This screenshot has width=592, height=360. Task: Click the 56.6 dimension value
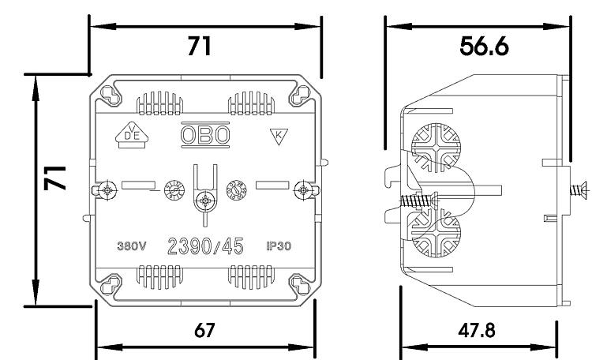point(484,47)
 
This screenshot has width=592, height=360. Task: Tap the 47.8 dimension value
point(477,331)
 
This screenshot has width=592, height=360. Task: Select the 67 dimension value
point(204,331)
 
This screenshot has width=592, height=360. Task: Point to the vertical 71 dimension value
point(55,178)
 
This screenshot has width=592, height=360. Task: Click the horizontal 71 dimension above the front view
point(200,47)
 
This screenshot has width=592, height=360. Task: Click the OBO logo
point(205,134)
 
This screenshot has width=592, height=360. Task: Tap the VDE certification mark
point(132,135)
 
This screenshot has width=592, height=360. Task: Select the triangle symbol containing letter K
point(279,136)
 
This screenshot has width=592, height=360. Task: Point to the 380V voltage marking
point(131,246)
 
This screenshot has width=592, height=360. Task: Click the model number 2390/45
point(205,246)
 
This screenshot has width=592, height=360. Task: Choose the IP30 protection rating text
point(279,246)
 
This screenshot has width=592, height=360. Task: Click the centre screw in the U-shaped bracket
point(205,200)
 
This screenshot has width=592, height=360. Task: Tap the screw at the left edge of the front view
point(108,189)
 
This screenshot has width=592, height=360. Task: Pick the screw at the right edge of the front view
point(303,189)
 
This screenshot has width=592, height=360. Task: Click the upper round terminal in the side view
point(436,148)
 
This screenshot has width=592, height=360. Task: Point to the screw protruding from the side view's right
point(579,189)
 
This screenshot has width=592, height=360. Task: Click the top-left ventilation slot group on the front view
point(159,103)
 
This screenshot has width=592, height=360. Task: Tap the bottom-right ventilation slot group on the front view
point(251,277)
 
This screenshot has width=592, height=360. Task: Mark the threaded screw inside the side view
point(419,201)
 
